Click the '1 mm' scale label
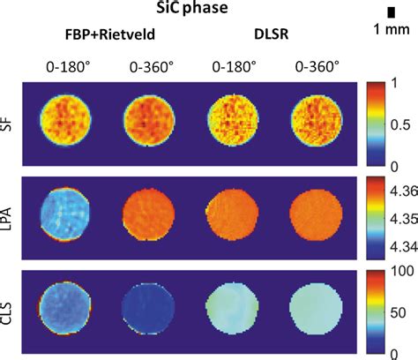388,31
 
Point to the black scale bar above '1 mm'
390,11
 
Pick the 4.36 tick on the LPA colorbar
401,188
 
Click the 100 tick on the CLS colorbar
401,271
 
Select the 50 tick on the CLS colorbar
398,312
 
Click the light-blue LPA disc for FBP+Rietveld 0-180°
65,217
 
